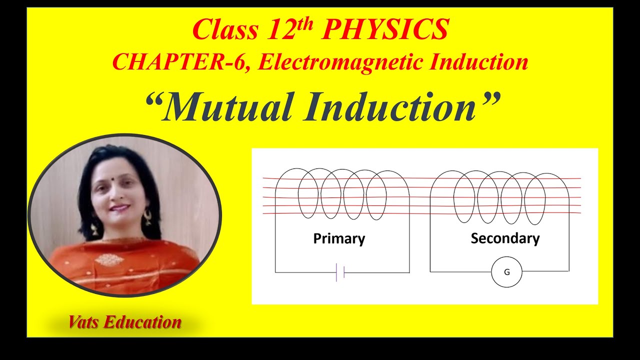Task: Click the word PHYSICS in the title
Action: pyautogui.click(x=384, y=30)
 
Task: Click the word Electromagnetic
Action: pyautogui.click(x=340, y=62)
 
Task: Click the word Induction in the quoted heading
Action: pyautogui.click(x=390, y=107)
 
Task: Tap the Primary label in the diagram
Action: pyautogui.click(x=339, y=238)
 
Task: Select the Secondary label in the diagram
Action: pyautogui.click(x=505, y=238)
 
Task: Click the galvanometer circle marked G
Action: pyautogui.click(x=506, y=272)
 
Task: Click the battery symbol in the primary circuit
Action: pyautogui.click(x=340, y=272)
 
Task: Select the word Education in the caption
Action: pyautogui.click(x=142, y=322)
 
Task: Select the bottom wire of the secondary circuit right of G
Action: pyautogui.click(x=545, y=271)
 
